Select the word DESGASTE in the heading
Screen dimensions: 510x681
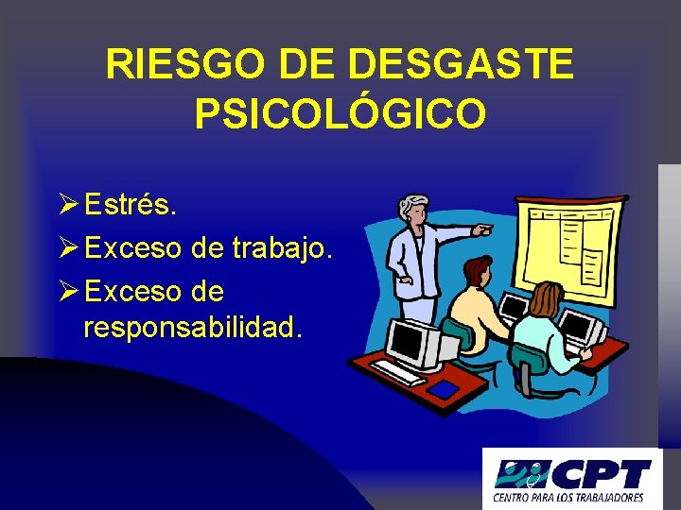460,65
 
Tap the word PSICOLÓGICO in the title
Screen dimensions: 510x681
340,114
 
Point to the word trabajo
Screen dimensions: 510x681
294,247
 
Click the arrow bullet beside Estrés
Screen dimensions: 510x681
67,203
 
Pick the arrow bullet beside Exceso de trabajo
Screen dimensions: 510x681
67,247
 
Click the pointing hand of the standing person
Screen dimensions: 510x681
483,229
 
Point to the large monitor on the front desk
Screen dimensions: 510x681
413,341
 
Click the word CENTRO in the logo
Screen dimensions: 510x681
512,497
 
